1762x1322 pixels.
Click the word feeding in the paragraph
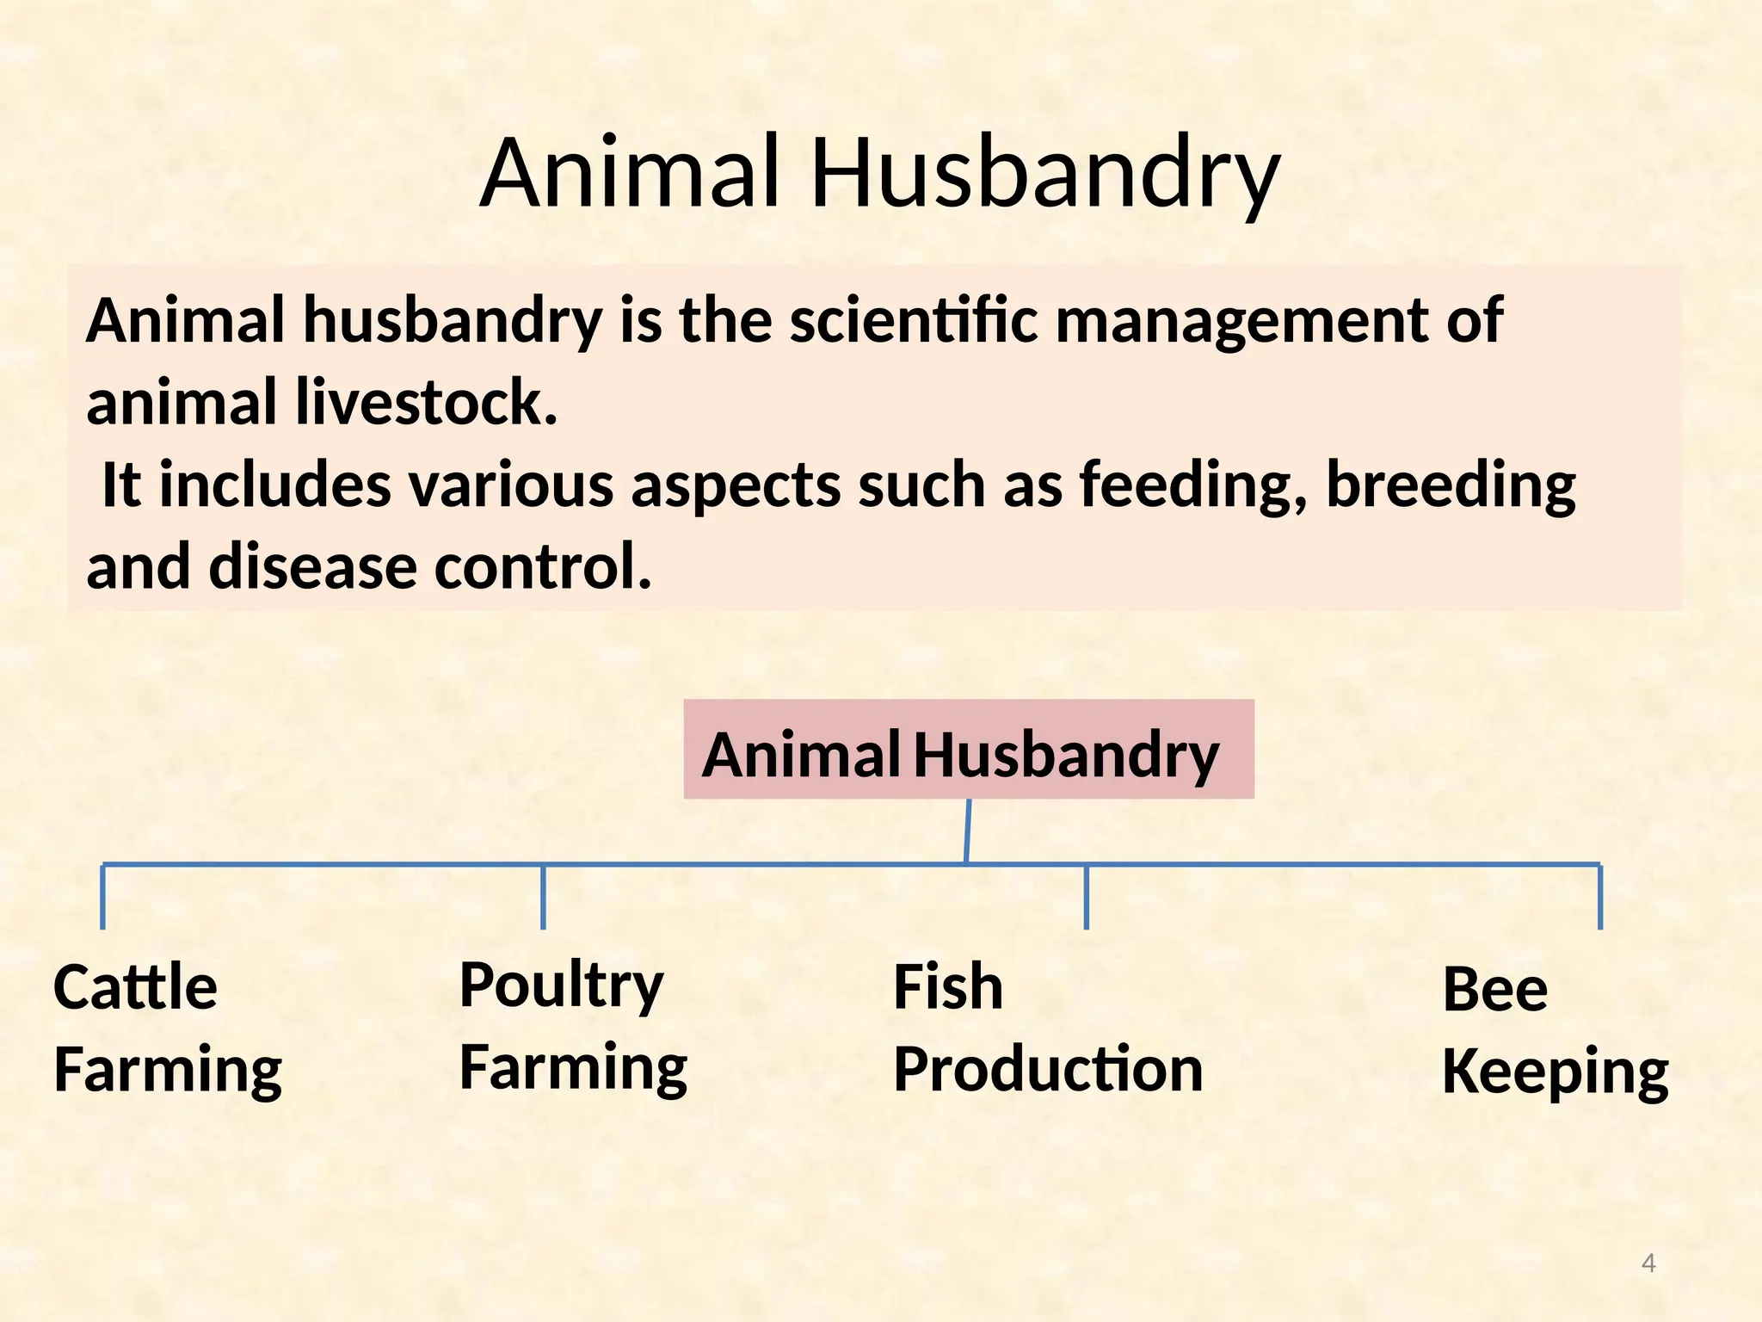tap(1192, 485)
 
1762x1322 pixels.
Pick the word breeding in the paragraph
tap(1451, 485)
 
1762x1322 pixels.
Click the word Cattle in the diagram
tap(135, 987)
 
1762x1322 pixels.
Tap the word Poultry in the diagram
tap(561, 985)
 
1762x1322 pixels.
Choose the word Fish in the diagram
tap(948, 987)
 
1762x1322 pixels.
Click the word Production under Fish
tap(1048, 1070)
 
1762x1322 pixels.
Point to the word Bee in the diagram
tap(1494, 989)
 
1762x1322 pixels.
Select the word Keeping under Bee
tap(1555, 1072)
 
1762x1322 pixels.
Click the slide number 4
tap(1648, 1263)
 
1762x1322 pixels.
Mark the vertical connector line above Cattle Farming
tap(103, 897)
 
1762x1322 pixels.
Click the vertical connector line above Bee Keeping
tap(1600, 897)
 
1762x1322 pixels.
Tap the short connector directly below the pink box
tap(968, 831)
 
